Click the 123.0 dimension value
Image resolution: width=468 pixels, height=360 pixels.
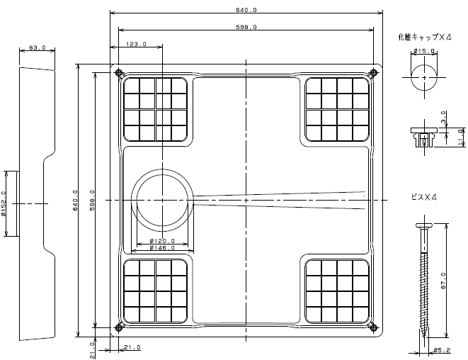[x=136, y=44]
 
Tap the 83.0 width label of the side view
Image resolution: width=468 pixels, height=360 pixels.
[x=37, y=47]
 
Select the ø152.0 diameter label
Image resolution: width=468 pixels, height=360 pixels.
[x=3, y=203]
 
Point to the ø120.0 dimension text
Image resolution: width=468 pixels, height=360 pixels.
[x=162, y=241]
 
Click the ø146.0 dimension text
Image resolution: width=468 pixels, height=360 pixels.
[x=162, y=247]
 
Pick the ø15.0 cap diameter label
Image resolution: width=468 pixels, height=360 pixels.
[x=424, y=51]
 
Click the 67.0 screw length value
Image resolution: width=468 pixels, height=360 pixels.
[x=443, y=281]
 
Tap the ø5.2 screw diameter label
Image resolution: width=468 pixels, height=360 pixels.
[x=442, y=350]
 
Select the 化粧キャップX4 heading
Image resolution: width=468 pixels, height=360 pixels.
[x=425, y=37]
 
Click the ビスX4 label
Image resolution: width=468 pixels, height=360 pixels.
[x=424, y=197]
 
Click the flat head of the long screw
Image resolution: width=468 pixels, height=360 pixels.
[x=424, y=225]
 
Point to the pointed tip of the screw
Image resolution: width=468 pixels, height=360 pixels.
[x=424, y=337]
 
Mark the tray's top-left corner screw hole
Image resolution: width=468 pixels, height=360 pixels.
[x=118, y=72]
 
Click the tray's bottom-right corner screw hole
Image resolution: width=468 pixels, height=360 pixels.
[x=373, y=327]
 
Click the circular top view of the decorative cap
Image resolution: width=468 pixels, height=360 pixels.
[x=424, y=78]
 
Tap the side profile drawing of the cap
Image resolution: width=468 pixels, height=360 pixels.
[x=424, y=137]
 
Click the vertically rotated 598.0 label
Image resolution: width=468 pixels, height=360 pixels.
[x=92, y=200]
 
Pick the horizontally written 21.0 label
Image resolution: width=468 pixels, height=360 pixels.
[x=132, y=347]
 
